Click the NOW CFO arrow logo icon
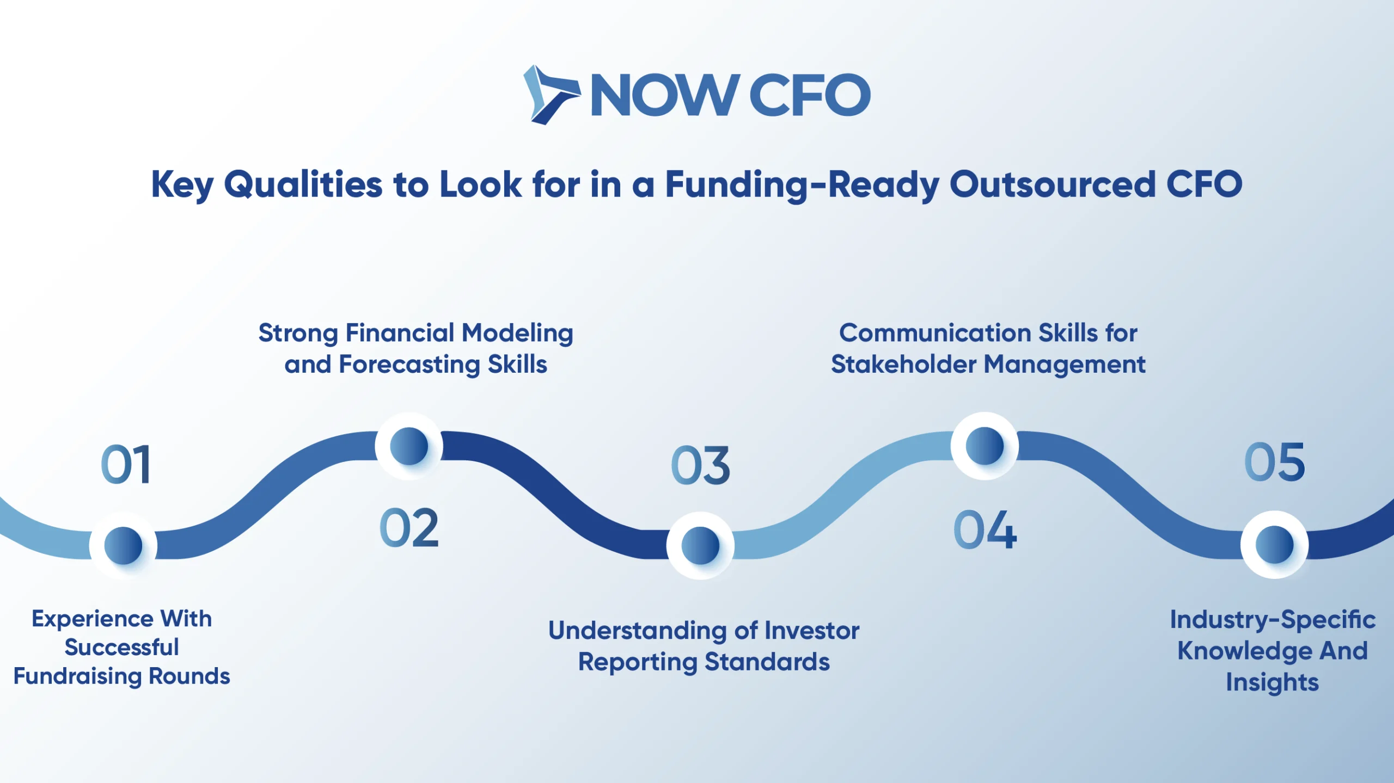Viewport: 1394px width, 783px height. point(551,95)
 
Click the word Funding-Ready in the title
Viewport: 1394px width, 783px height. point(803,185)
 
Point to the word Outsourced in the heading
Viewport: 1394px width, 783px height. point(1052,184)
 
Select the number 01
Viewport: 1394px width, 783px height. point(126,465)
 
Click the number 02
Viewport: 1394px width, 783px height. point(409,528)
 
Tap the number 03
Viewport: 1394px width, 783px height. point(700,465)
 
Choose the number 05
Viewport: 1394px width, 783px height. point(1275,462)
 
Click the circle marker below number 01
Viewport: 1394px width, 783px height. point(124,546)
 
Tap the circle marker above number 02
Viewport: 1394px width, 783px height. point(409,446)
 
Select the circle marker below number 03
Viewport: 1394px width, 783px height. point(700,546)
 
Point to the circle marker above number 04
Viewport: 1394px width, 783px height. point(985,446)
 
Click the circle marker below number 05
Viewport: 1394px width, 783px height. point(1275,545)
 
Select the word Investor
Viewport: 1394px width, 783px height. point(812,631)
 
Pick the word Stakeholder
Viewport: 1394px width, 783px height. point(904,364)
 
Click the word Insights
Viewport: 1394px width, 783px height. point(1273,683)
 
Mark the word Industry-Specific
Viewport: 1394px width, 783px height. point(1273,620)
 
